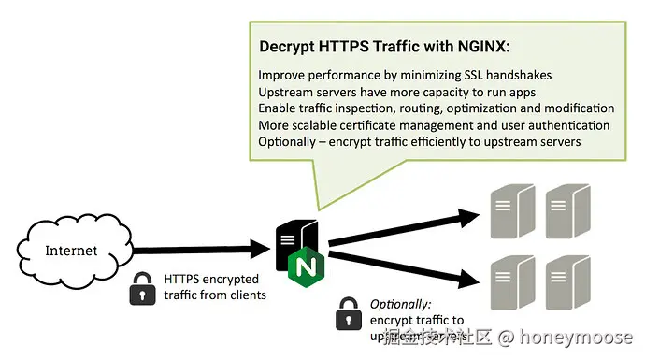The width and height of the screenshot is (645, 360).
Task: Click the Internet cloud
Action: [71, 251]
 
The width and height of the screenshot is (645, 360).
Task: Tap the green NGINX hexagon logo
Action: [306, 267]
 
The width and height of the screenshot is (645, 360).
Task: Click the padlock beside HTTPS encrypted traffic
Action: [142, 288]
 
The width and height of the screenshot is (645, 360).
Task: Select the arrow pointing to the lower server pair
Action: [402, 268]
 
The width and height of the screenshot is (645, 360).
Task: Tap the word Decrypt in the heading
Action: [288, 44]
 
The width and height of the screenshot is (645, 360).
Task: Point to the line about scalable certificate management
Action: [434, 124]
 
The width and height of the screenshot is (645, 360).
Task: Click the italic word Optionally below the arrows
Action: [401, 304]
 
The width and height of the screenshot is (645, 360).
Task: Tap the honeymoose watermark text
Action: [579, 338]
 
